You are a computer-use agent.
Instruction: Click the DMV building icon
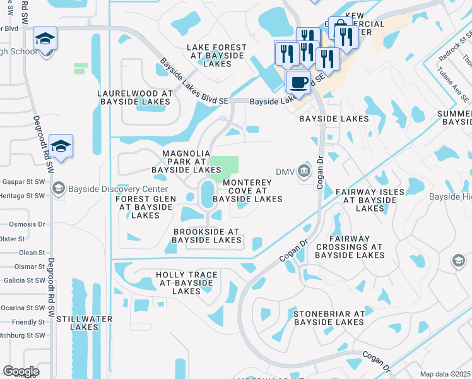coord(304,171)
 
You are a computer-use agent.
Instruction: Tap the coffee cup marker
coord(298,81)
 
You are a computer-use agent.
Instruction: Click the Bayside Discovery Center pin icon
coord(59,188)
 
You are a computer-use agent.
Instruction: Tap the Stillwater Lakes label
coord(85,323)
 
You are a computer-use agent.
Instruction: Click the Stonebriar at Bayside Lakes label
coord(324,318)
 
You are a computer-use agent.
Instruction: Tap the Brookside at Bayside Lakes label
coord(206,236)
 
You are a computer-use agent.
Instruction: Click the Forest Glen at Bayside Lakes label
coord(146,207)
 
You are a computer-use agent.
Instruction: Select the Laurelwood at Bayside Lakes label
coord(134,97)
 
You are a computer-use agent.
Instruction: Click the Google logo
coord(21,371)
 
